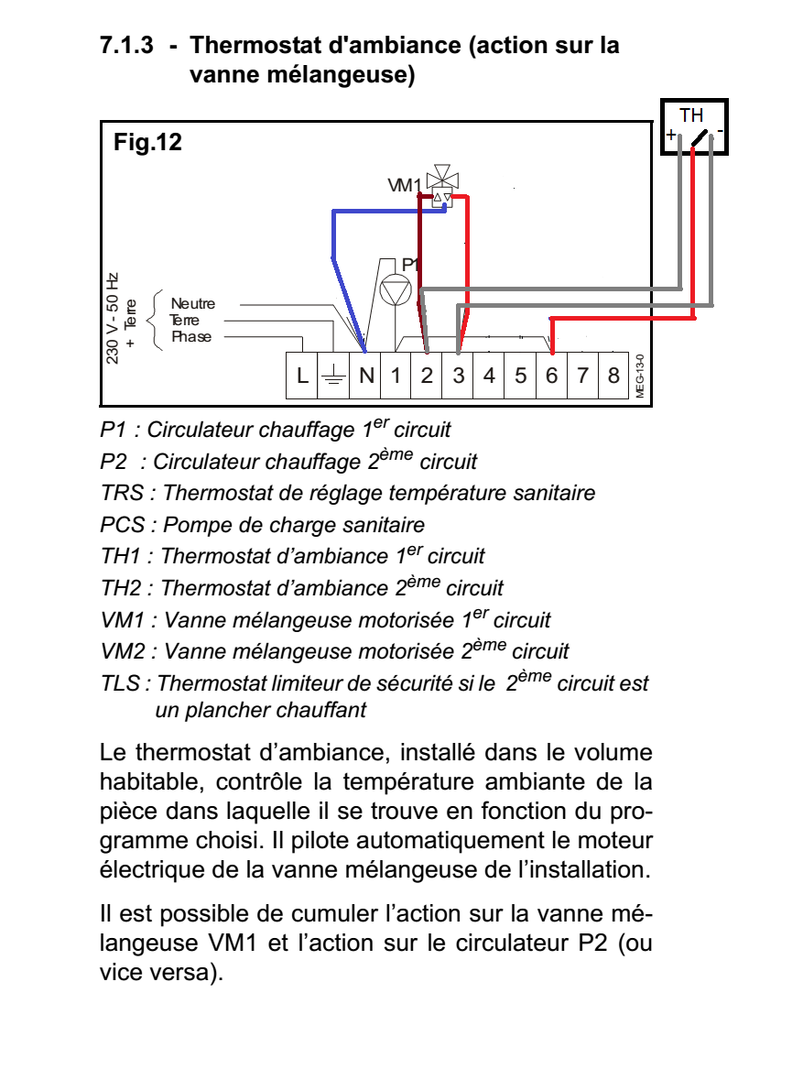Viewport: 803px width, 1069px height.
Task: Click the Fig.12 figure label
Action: point(147,142)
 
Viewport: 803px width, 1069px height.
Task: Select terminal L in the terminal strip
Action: point(303,376)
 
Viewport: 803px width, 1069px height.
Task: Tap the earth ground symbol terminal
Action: point(334,376)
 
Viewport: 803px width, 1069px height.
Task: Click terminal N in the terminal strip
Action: point(365,376)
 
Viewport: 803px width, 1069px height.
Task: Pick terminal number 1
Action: point(396,376)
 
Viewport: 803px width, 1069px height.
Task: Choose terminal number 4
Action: point(490,376)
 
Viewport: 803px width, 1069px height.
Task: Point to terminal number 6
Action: point(551,376)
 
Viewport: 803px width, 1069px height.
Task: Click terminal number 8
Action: point(613,376)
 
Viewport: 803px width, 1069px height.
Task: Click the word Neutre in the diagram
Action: point(192,304)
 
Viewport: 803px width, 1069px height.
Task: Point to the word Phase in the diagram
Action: point(190,337)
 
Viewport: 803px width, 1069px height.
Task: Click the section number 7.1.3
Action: point(127,45)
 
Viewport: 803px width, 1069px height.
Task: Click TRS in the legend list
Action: point(122,493)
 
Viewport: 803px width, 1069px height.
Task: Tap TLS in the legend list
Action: point(121,683)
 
